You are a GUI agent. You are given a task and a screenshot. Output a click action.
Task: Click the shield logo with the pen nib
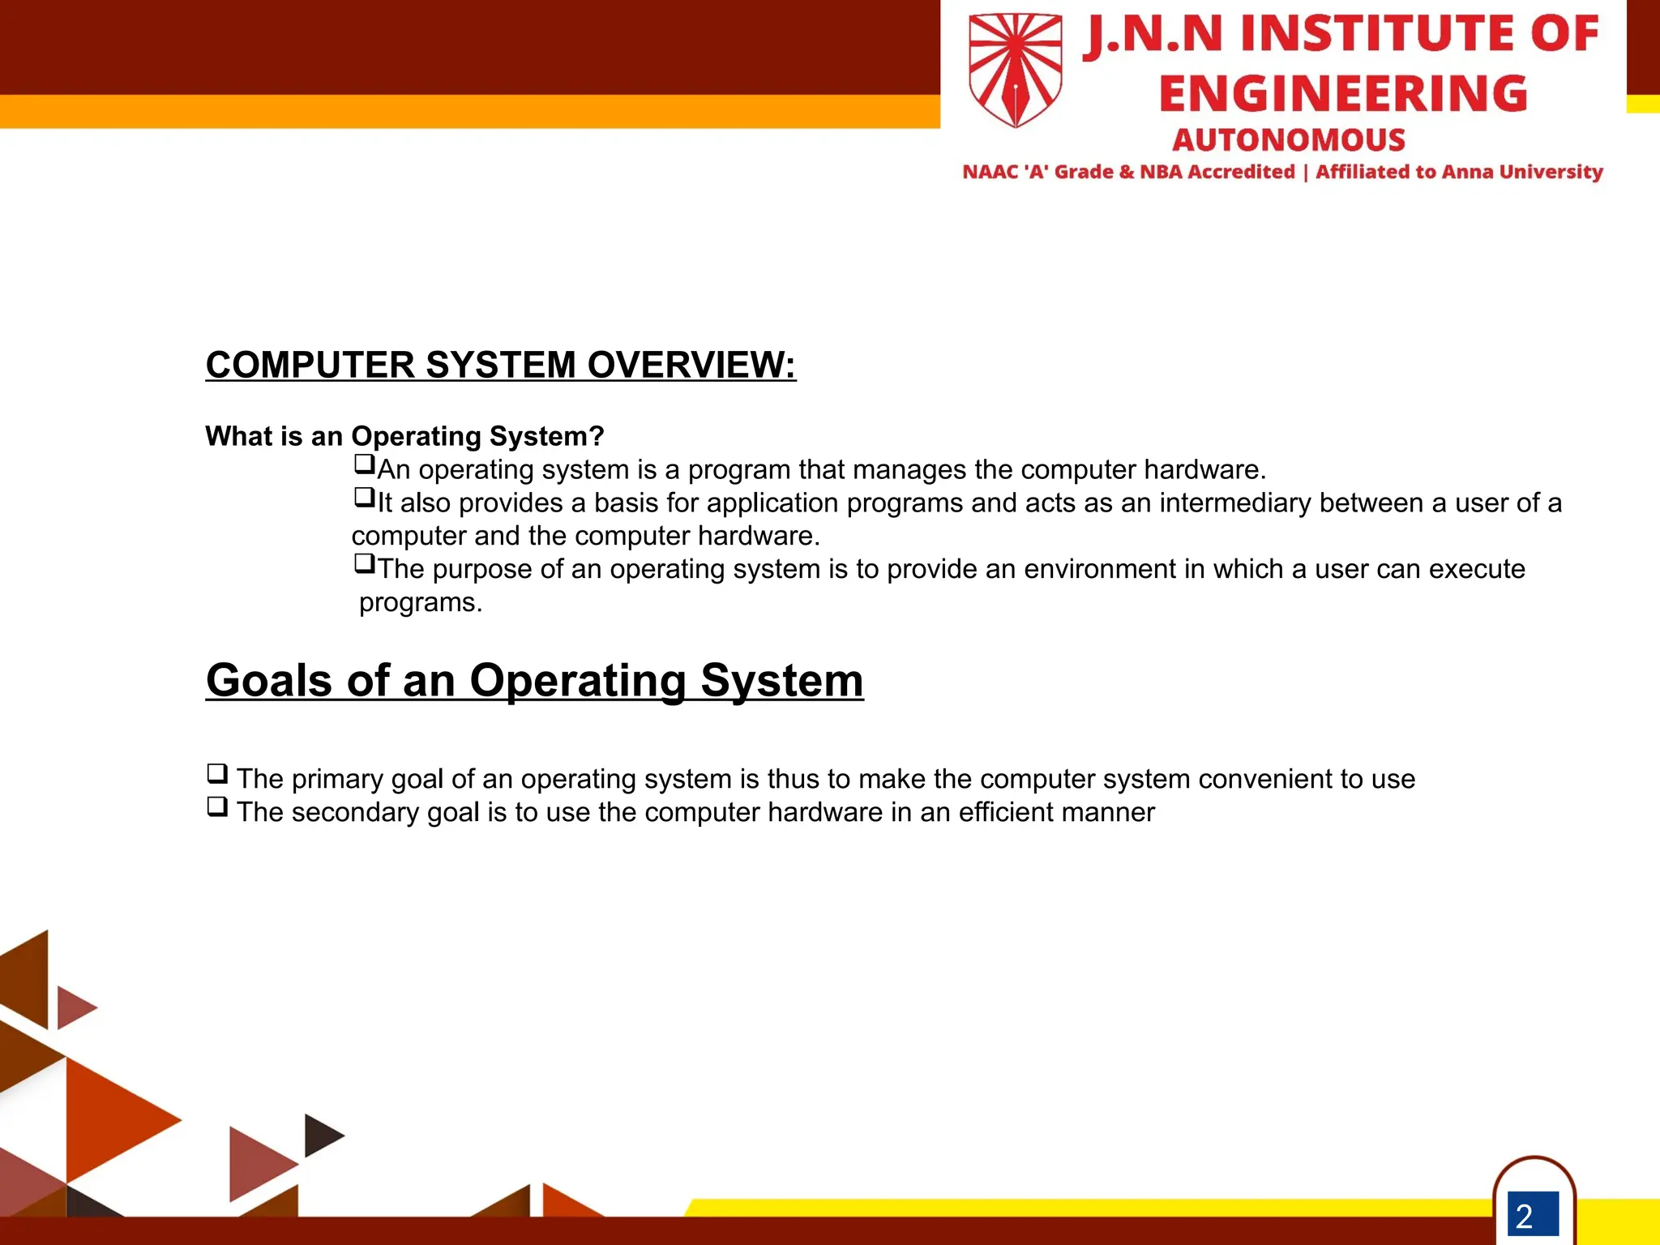(1015, 70)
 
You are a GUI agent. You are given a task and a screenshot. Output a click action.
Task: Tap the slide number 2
(1525, 1216)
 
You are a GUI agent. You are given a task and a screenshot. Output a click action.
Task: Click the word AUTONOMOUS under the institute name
(1289, 140)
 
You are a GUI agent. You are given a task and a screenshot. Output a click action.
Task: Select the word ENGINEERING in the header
(1343, 93)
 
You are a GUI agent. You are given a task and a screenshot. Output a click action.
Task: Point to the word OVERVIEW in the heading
(691, 365)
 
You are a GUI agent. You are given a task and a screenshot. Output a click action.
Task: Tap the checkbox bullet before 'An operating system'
(364, 464)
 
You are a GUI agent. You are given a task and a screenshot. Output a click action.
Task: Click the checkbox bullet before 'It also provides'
(364, 497)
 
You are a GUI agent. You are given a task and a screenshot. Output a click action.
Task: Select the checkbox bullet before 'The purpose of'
(364, 563)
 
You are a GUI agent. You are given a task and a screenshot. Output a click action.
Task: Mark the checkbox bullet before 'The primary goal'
(217, 773)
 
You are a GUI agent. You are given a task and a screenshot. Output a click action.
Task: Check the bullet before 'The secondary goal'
(217, 806)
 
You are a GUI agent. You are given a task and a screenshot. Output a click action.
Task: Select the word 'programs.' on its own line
(421, 603)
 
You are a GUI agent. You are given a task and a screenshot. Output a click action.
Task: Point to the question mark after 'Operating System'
(597, 436)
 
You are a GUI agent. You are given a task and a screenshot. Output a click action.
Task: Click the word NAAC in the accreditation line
(990, 172)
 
